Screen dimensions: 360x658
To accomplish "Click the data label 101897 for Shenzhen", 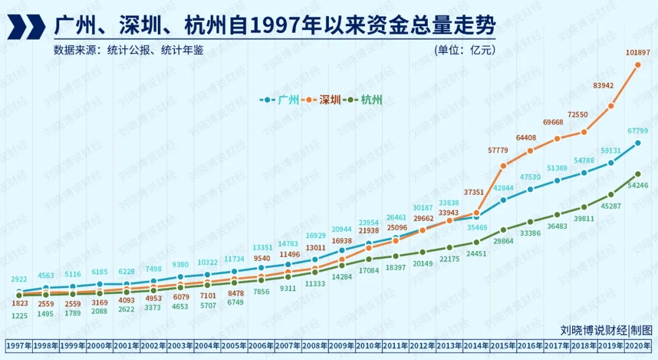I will [x=637, y=53].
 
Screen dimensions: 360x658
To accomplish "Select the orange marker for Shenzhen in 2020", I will [x=638, y=65].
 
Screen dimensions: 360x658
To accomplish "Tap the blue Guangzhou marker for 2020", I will [x=638, y=143].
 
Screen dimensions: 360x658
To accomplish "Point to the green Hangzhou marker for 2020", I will [x=638, y=174].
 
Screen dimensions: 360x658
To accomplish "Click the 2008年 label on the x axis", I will [x=315, y=346].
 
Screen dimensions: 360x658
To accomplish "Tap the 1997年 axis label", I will [x=19, y=346].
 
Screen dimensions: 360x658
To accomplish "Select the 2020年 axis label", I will [x=638, y=346].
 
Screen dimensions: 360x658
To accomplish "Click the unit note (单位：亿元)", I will [x=465, y=50].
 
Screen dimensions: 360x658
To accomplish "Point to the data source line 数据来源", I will [x=128, y=50].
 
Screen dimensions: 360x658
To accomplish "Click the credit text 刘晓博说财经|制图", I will [x=606, y=330].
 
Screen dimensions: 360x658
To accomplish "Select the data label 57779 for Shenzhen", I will [x=503, y=150].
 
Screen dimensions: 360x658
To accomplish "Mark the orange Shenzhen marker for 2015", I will [x=503, y=166].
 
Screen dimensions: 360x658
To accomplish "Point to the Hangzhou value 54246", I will [x=637, y=185].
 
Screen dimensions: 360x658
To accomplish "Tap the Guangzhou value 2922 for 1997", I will [x=19, y=280].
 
